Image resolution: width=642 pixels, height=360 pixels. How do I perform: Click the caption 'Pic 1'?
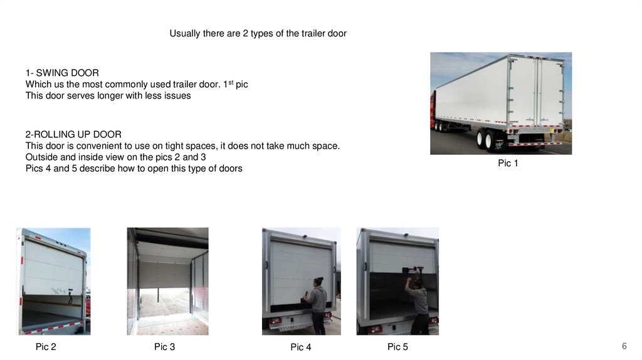(508, 163)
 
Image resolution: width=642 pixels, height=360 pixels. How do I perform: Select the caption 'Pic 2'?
(46, 347)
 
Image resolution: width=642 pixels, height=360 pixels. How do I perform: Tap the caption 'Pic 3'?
(165, 347)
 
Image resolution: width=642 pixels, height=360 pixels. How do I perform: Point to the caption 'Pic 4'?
(301, 347)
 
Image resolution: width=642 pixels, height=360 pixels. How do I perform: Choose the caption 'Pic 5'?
(397, 347)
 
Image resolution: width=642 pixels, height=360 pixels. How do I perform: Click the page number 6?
(624, 346)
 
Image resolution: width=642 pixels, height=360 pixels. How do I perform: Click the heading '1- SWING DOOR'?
(62, 73)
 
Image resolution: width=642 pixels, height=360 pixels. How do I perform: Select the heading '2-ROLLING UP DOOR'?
(73, 134)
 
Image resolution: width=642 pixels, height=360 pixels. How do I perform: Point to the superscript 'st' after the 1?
(231, 82)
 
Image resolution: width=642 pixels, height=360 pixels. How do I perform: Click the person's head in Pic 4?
(318, 282)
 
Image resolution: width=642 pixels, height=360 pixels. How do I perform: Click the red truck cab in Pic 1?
(433, 110)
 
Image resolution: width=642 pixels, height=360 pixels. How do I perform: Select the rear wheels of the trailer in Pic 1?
(484, 139)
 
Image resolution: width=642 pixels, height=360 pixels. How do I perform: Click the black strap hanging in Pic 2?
(70, 297)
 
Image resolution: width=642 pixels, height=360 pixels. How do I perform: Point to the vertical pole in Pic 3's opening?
(159, 294)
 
